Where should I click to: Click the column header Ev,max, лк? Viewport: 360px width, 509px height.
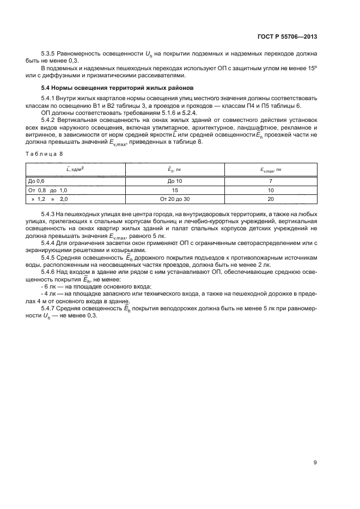click(270, 170)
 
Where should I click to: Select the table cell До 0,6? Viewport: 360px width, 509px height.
click(36, 180)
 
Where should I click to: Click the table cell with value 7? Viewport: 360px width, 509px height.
click(270, 180)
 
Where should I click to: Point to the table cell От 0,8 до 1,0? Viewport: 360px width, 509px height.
click(47, 190)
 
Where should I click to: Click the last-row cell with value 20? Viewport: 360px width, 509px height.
click(270, 200)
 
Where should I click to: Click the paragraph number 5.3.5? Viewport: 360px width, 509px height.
click(48, 54)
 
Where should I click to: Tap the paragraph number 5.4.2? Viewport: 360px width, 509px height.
click(48, 118)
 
